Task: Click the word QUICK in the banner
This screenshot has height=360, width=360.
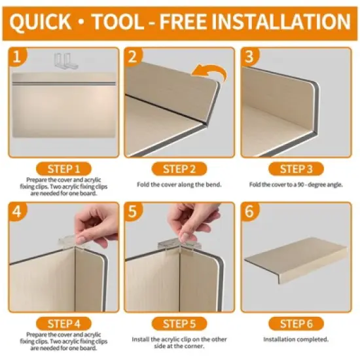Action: pyautogui.click(x=40, y=22)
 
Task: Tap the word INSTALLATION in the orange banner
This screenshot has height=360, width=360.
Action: pyautogui.click(x=281, y=22)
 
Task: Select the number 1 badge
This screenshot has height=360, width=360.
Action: pyautogui.click(x=17, y=56)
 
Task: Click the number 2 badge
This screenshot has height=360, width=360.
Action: pyautogui.click(x=133, y=56)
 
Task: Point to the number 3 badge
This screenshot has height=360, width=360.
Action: pyautogui.click(x=249, y=56)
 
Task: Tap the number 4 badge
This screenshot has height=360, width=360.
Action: pyautogui.click(x=17, y=211)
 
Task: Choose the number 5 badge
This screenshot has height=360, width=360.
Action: pyautogui.click(x=133, y=211)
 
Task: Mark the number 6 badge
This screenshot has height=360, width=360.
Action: pyautogui.click(x=249, y=211)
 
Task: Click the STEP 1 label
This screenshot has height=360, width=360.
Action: pyautogui.click(x=63, y=169)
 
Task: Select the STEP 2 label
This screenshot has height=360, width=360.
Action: pyautogui.click(x=179, y=169)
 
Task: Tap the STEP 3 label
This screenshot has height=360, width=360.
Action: pyautogui.click(x=296, y=169)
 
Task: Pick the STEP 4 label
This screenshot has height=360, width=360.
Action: pyautogui.click(x=63, y=324)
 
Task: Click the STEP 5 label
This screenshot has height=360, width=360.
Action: pyautogui.click(x=179, y=324)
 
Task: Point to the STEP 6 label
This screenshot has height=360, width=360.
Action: pyautogui.click(x=296, y=324)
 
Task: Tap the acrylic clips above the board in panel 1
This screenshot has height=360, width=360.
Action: pyautogui.click(x=66, y=61)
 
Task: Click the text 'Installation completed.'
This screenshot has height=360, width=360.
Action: pyautogui.click(x=296, y=339)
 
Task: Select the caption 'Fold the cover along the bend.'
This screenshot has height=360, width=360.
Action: pyautogui.click(x=179, y=185)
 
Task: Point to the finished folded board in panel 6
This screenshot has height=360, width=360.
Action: pyautogui.click(x=296, y=261)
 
